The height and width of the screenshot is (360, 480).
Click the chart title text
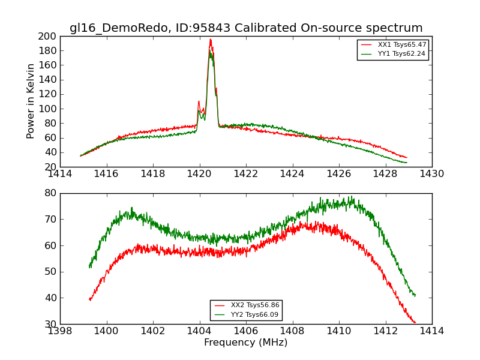pyautogui.click(x=246, y=28)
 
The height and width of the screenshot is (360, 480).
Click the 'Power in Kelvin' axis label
pyautogui.click(x=31, y=101)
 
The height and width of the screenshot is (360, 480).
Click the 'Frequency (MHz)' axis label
pyautogui.click(x=245, y=343)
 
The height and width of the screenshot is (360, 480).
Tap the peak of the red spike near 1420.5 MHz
pyautogui.click(x=210, y=40)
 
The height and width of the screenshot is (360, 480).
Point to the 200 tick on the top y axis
pyautogui.click(x=47, y=36)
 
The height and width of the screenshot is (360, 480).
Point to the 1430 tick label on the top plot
pyautogui.click(x=431, y=174)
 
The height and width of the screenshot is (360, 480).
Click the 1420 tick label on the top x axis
pyautogui.click(x=199, y=174)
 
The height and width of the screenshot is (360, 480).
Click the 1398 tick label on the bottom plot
pyautogui.click(x=60, y=331)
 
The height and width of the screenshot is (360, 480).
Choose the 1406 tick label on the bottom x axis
pyautogui.click(x=245, y=331)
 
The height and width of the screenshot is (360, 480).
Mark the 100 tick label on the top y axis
pyautogui.click(x=47, y=109)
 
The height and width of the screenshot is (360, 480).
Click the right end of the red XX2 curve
pyautogui.click(x=415, y=323)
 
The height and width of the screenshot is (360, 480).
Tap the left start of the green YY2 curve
pyautogui.click(x=89, y=266)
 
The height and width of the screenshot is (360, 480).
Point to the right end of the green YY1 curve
pyautogui.click(x=407, y=163)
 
